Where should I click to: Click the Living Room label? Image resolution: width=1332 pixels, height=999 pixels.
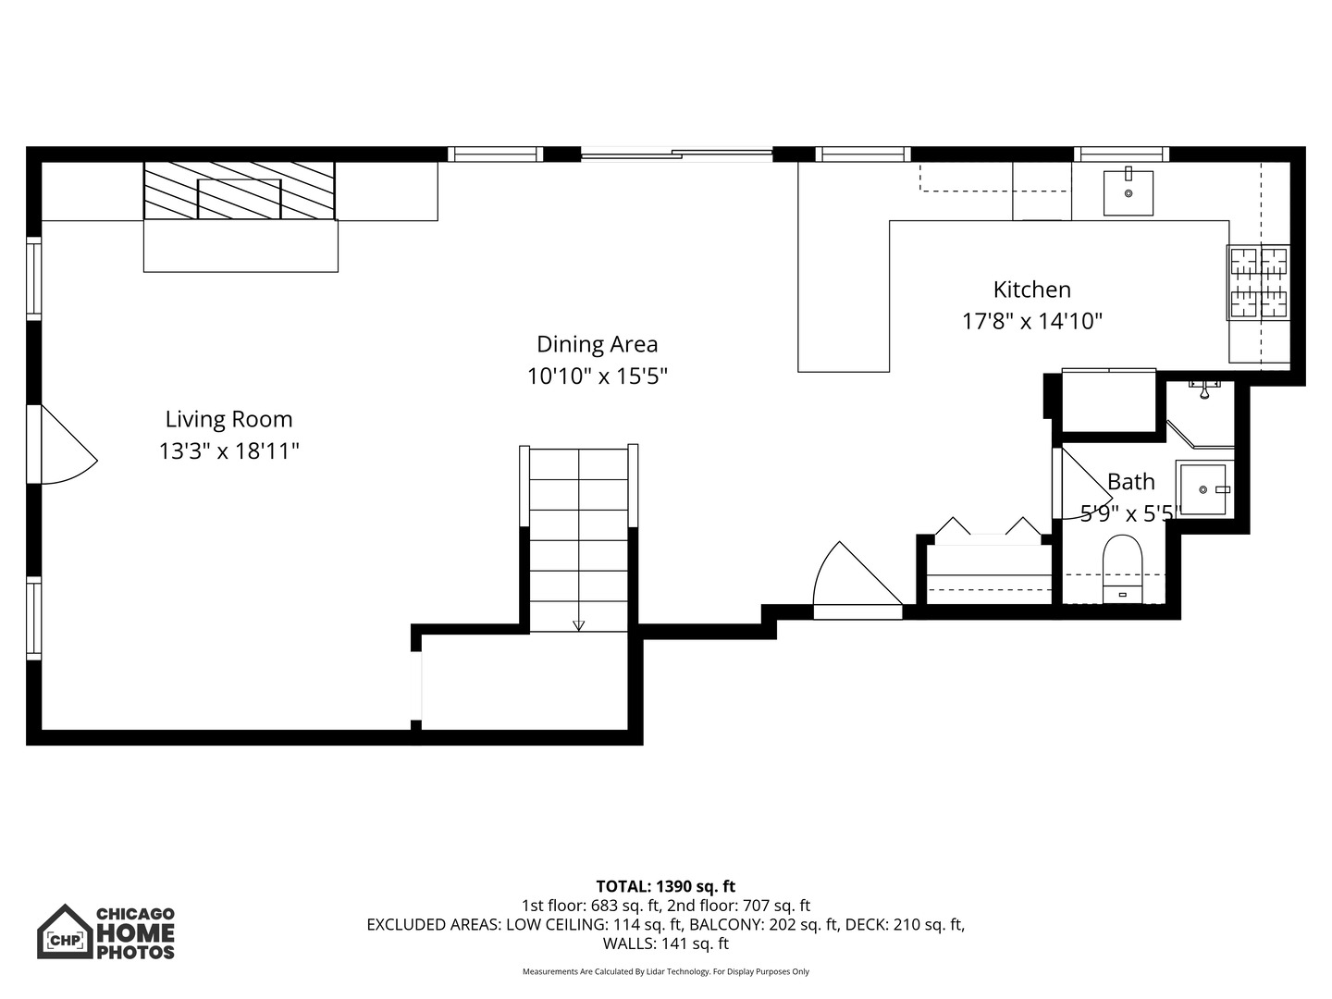pos(228,419)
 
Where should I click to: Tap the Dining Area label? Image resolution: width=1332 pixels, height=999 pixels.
pos(597,344)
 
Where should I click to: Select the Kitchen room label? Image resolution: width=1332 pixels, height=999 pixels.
pos(1031,290)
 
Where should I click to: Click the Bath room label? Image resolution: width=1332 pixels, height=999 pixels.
pos(1130,482)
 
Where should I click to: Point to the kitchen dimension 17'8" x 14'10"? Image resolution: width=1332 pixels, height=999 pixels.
pos(1031,322)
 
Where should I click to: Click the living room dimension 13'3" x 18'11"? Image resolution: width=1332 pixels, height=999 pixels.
pos(228,451)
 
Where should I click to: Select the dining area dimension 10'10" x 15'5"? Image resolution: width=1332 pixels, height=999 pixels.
pos(597,376)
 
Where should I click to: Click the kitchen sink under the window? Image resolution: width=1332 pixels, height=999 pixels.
pos(1128,192)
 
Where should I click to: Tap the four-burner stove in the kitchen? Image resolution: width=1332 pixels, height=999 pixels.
pos(1258,282)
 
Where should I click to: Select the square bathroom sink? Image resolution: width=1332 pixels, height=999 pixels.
pos(1203,489)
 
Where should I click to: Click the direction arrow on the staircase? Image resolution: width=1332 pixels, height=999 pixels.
pos(579,625)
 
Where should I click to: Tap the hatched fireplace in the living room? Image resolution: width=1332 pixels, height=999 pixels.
pos(239,191)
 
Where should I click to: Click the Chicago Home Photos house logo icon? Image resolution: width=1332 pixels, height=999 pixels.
pos(65,932)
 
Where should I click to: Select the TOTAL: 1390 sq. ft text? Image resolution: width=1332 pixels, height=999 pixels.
pos(665,886)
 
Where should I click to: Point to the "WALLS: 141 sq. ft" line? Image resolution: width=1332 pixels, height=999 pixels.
pos(665,943)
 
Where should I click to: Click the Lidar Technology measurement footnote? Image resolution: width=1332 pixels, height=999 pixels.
pos(665,971)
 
